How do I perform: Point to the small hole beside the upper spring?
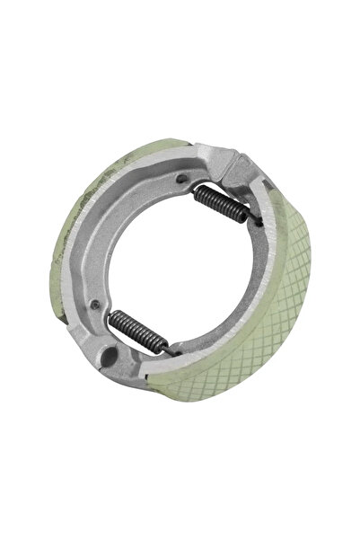tap(189, 178)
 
